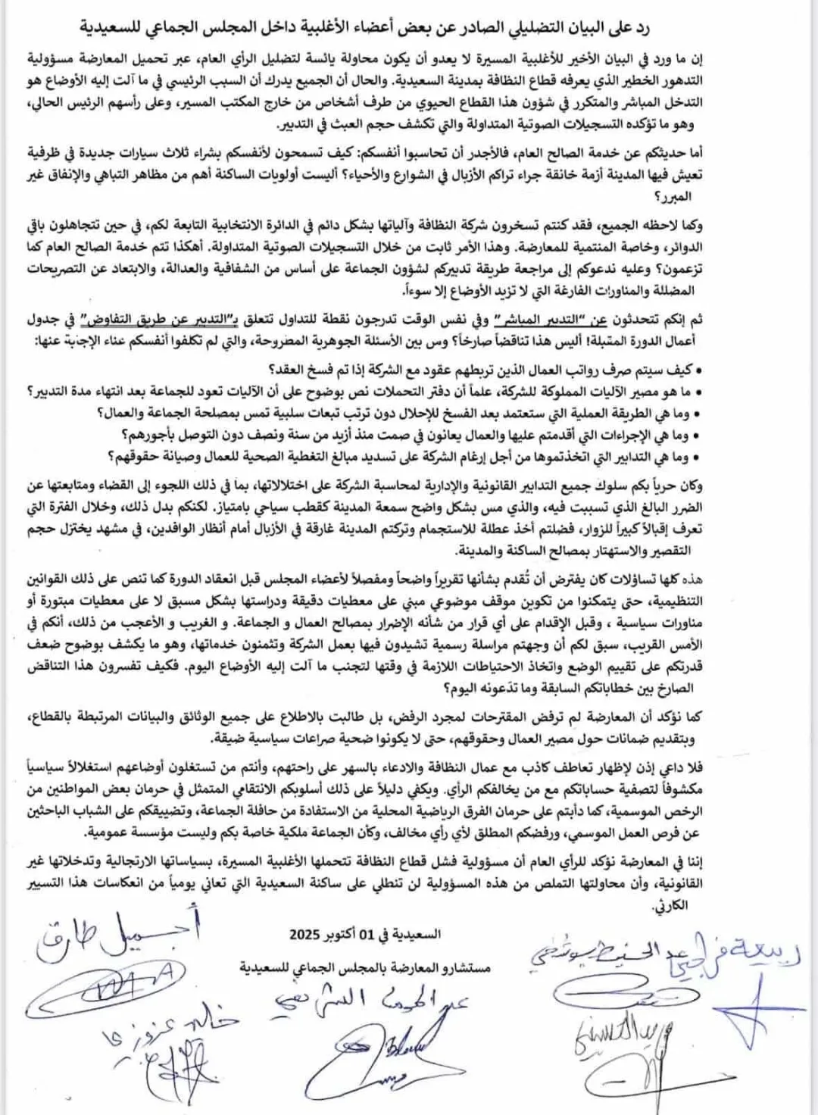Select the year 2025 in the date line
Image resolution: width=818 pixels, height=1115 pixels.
[305, 935]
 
